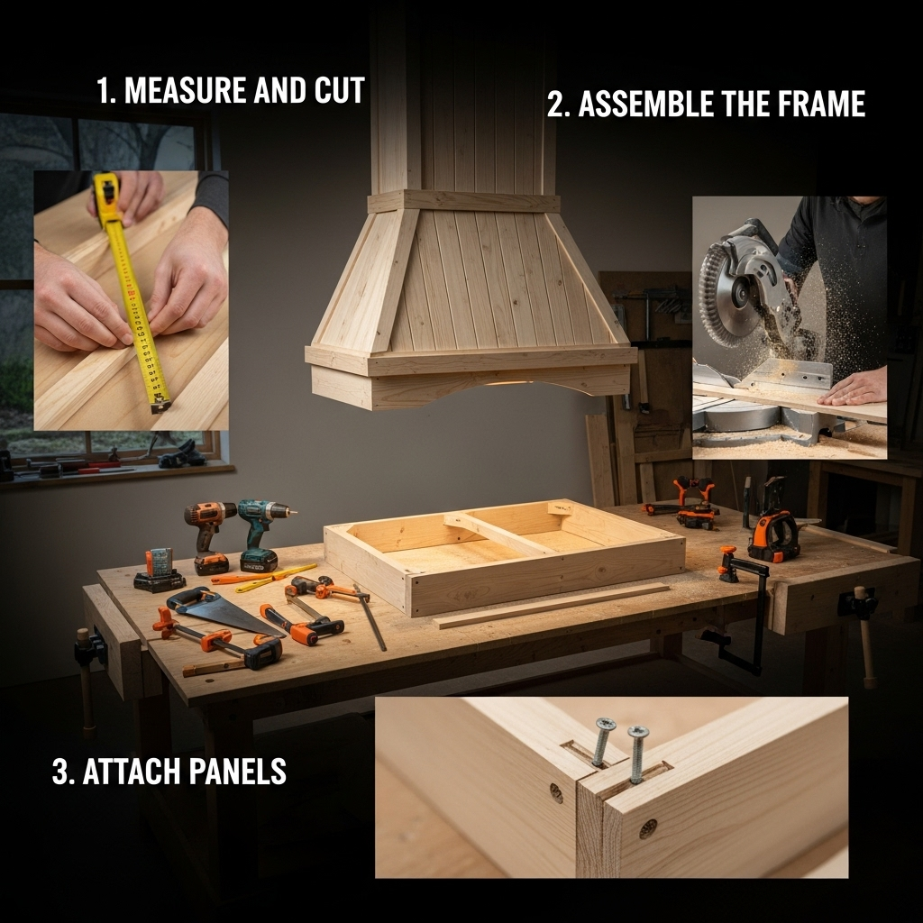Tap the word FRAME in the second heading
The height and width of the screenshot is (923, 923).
821,104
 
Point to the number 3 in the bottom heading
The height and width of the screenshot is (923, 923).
59,772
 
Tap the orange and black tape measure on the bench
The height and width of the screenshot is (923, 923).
774,535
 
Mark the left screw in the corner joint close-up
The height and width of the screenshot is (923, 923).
603,741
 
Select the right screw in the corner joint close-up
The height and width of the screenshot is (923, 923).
637,754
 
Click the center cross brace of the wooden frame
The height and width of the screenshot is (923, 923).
500,533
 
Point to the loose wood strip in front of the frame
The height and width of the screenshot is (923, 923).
553,605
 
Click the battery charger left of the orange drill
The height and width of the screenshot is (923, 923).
159,570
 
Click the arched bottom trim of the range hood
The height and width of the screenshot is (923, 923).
471,388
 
